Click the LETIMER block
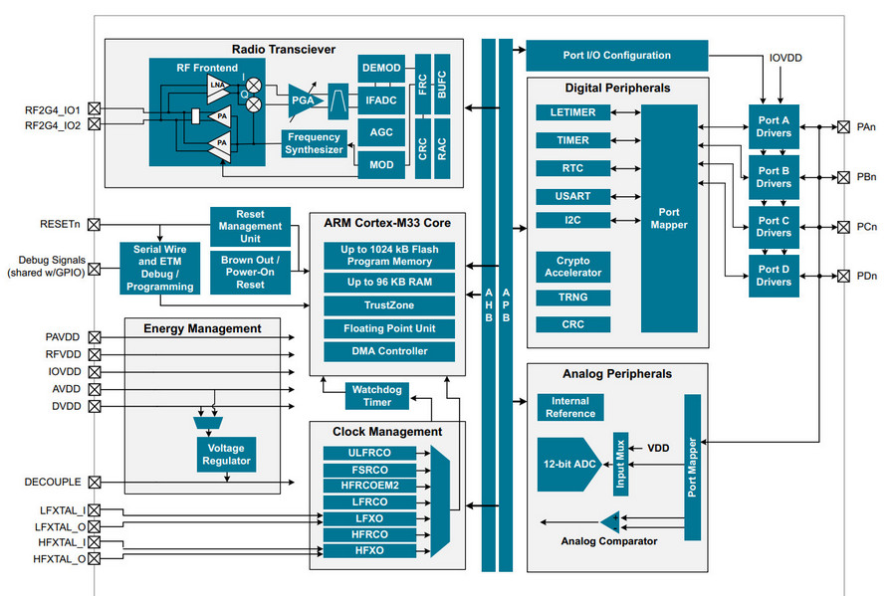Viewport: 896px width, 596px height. pyautogui.click(x=572, y=112)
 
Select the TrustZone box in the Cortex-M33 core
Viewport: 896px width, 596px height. pyautogui.click(x=389, y=305)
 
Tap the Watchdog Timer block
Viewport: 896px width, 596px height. pyautogui.click(x=377, y=395)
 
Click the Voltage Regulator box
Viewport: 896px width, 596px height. pyautogui.click(x=226, y=454)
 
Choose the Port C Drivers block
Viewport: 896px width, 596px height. pyautogui.click(x=774, y=227)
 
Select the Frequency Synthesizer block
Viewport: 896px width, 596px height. pyautogui.click(x=315, y=143)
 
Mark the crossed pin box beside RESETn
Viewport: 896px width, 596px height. pyautogui.click(x=95, y=224)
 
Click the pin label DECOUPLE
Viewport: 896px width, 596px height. pyautogui.click(x=53, y=482)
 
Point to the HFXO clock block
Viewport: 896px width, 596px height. pyautogui.click(x=370, y=550)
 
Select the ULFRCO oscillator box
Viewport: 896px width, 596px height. pyautogui.click(x=370, y=453)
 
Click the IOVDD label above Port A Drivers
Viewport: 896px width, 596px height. pyautogui.click(x=785, y=59)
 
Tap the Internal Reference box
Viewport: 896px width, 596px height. pyautogui.click(x=570, y=407)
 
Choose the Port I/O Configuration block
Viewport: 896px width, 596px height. pyautogui.click(x=616, y=55)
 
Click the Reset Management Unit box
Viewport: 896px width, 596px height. pyautogui.click(x=250, y=227)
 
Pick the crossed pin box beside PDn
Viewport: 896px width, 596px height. pyautogui.click(x=843, y=276)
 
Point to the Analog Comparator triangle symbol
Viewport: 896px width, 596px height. pyautogui.click(x=608, y=522)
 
